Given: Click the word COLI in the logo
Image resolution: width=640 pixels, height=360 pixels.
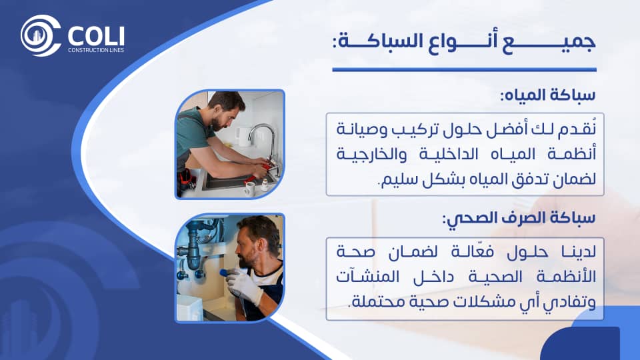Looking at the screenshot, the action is point(96,36).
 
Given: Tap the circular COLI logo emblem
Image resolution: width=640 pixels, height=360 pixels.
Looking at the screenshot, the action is point(41,35).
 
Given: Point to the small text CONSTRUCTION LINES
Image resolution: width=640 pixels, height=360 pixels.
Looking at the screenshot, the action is point(96,50).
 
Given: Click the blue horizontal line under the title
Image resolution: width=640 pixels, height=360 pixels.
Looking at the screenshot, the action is point(465,70).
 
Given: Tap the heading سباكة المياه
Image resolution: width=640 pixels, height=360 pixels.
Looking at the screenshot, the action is point(548,95).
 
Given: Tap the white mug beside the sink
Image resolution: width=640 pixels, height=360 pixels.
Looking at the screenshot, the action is point(249,189).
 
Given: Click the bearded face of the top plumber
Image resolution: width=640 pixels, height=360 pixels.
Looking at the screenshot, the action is point(225,115).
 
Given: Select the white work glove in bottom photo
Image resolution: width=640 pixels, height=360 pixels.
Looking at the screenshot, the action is point(244,286).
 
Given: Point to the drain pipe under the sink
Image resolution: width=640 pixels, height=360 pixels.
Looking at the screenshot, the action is point(193,249).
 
